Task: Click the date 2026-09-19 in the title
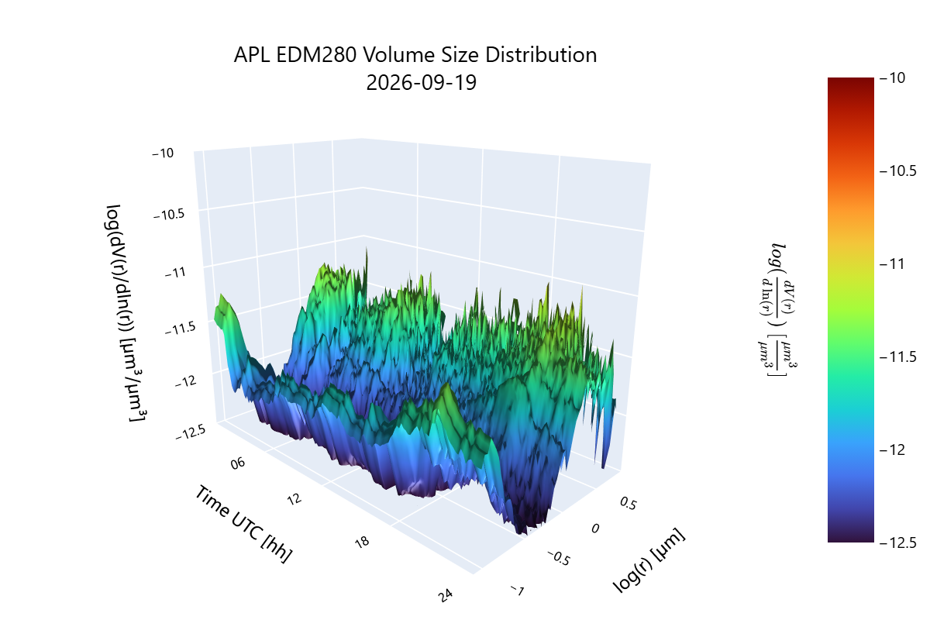(x=421, y=83)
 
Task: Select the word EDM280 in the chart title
(x=316, y=55)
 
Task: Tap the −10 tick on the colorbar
(x=892, y=77)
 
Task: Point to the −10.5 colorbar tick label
(x=897, y=170)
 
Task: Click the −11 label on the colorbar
(x=892, y=263)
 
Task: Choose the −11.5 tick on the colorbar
(x=897, y=356)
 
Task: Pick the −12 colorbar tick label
(x=892, y=449)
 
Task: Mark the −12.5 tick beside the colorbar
(x=897, y=542)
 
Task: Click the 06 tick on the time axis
(x=238, y=463)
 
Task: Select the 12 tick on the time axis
(x=294, y=499)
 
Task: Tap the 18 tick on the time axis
(x=362, y=542)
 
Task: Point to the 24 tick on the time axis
(x=446, y=595)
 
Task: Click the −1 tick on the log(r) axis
(x=518, y=590)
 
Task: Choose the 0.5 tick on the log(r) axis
(x=628, y=503)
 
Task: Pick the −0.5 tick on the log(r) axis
(x=559, y=558)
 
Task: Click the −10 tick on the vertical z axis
(x=163, y=153)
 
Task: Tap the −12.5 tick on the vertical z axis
(x=190, y=432)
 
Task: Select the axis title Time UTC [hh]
(x=243, y=524)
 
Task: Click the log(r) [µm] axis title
(x=649, y=560)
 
